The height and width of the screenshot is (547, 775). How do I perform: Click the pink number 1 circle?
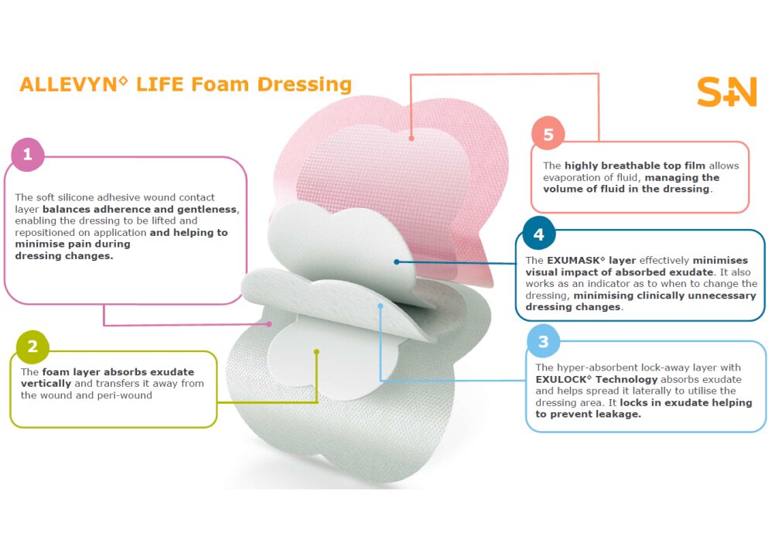pos(28,155)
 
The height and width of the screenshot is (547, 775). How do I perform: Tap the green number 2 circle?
pos(32,346)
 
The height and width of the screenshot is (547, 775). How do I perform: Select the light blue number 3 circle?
pos(543,341)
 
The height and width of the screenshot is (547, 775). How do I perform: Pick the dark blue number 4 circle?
pos(539,234)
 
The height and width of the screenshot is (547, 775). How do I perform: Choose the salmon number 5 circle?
pos(548,134)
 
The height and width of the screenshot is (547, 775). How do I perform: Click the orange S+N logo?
pos(727,91)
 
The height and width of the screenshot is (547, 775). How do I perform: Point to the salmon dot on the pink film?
pos(411,138)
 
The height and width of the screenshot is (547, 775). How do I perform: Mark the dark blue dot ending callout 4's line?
pos(397,262)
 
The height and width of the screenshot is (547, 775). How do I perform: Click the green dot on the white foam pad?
pos(316,351)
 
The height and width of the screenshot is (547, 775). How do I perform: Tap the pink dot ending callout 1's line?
pos(269,324)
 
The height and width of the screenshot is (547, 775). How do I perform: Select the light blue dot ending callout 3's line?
pos(380,306)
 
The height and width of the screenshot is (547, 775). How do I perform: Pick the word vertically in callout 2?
pos(46,384)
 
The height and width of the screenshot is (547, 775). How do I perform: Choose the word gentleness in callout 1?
pos(208,210)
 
